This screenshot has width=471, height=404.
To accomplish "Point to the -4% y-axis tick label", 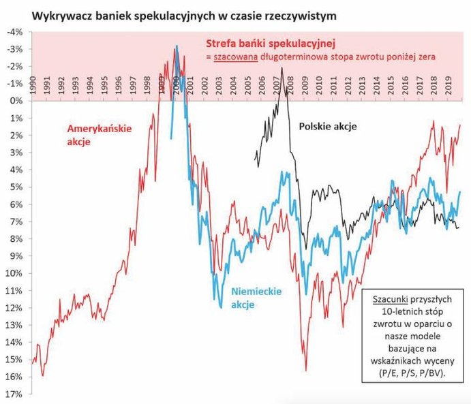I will (14, 31).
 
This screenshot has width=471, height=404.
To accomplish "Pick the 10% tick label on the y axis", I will (14, 273).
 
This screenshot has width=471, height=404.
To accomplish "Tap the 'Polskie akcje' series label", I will (327, 127).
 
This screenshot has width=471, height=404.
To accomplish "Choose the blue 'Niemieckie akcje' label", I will (256, 298).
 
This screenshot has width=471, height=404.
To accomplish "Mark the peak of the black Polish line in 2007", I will (282, 68).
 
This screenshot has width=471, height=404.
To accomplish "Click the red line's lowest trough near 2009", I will (305, 371).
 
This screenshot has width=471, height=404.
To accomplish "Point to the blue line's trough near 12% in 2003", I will (222, 308).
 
